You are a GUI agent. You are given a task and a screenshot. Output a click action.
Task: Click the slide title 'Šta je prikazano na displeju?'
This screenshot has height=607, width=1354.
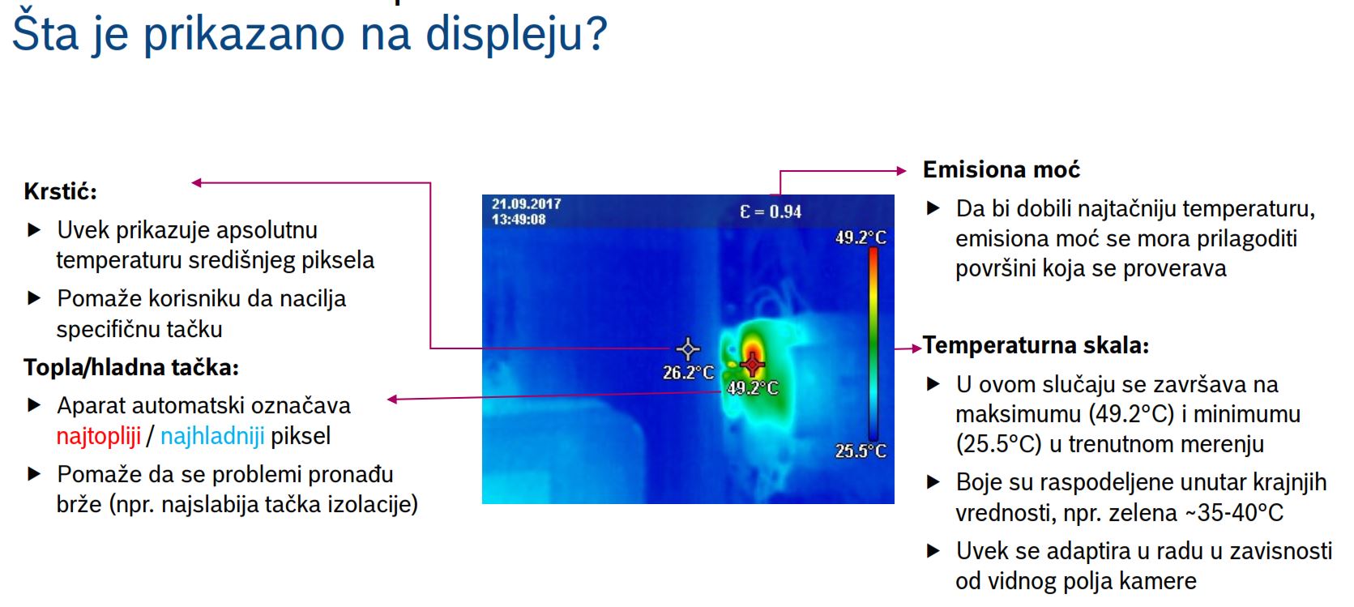[309, 34]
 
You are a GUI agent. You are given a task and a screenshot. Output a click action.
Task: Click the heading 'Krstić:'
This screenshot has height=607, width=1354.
[61, 191]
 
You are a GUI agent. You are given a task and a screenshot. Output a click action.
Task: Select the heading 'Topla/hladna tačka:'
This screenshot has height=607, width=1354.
[131, 367]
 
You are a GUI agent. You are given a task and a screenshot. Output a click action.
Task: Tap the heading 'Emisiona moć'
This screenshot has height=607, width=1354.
[1001, 170]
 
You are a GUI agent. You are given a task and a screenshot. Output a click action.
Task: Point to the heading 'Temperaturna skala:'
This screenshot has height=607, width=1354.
[1036, 345]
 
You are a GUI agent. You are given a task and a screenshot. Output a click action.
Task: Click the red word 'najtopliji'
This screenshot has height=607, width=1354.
[99, 436]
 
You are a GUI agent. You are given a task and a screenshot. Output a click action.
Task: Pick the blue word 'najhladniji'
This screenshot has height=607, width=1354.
[212, 436]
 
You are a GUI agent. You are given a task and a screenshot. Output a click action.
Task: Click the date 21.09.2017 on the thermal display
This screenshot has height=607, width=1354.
[526, 203]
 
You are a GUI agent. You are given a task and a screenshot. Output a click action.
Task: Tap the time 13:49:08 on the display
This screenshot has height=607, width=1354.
[519, 220]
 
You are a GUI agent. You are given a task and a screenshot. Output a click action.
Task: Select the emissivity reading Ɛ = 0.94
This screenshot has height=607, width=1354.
[771, 212]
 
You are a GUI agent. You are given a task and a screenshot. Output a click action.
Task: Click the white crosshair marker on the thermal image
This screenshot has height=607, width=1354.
[688, 348]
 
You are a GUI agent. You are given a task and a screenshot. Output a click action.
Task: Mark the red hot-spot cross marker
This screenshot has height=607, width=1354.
[753, 364]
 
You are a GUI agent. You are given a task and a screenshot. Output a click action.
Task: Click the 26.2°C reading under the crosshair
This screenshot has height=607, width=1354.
[689, 373]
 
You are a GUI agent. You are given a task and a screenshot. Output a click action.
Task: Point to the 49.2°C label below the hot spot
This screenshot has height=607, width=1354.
[753, 388]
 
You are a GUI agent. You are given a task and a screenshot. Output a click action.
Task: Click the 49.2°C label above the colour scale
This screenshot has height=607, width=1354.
[861, 237]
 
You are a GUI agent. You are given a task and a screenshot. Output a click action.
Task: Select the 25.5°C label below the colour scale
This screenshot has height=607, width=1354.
[861, 451]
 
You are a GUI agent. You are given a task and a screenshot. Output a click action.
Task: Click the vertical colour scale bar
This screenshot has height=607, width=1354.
[873, 344]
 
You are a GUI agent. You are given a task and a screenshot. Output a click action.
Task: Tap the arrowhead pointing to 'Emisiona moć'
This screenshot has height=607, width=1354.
[901, 171]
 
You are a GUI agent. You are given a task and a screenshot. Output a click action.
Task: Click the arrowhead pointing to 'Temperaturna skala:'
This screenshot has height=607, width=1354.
[917, 348]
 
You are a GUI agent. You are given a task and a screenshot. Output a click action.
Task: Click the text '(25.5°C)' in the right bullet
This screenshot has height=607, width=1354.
[999, 444]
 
